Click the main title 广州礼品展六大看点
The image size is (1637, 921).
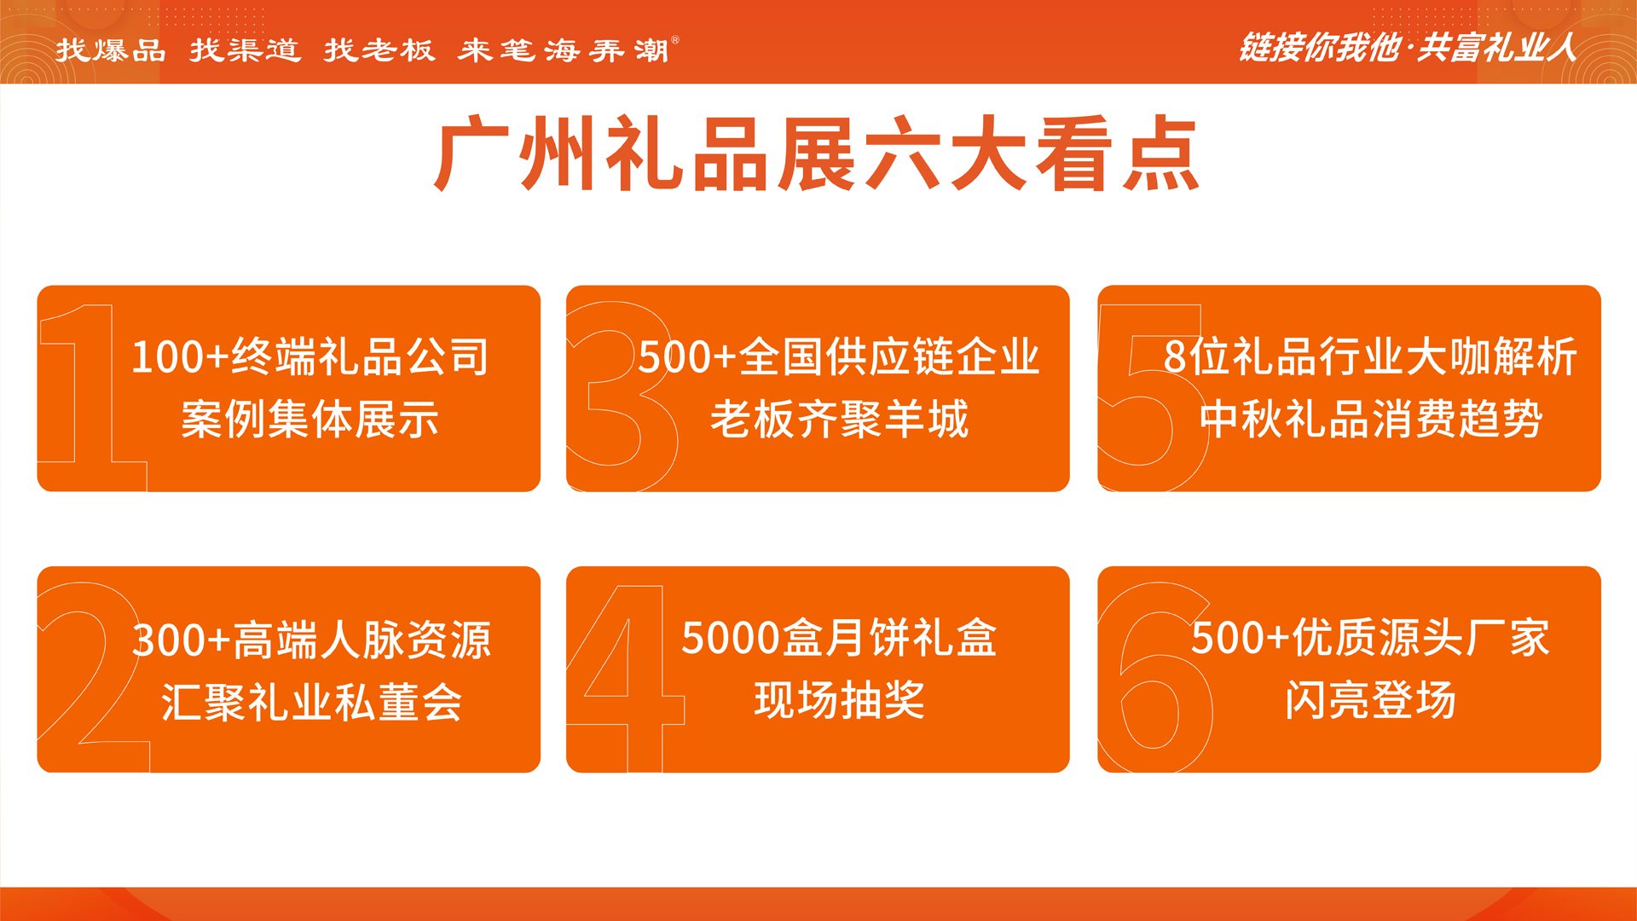click(817, 154)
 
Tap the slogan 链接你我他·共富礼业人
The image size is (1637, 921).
click(1407, 48)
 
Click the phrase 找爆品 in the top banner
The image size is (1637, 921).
click(111, 50)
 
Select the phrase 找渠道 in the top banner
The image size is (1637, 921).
click(245, 50)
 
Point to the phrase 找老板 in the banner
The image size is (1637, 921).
click(379, 50)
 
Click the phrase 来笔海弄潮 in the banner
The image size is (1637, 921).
click(563, 50)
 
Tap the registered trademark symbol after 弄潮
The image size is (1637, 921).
click(675, 39)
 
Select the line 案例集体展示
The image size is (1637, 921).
click(309, 420)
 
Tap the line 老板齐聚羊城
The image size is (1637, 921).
click(840, 420)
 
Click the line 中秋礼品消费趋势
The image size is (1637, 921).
click(1371, 420)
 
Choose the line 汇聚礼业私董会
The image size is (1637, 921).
click(311, 703)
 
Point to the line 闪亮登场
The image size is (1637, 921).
click(1370, 700)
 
